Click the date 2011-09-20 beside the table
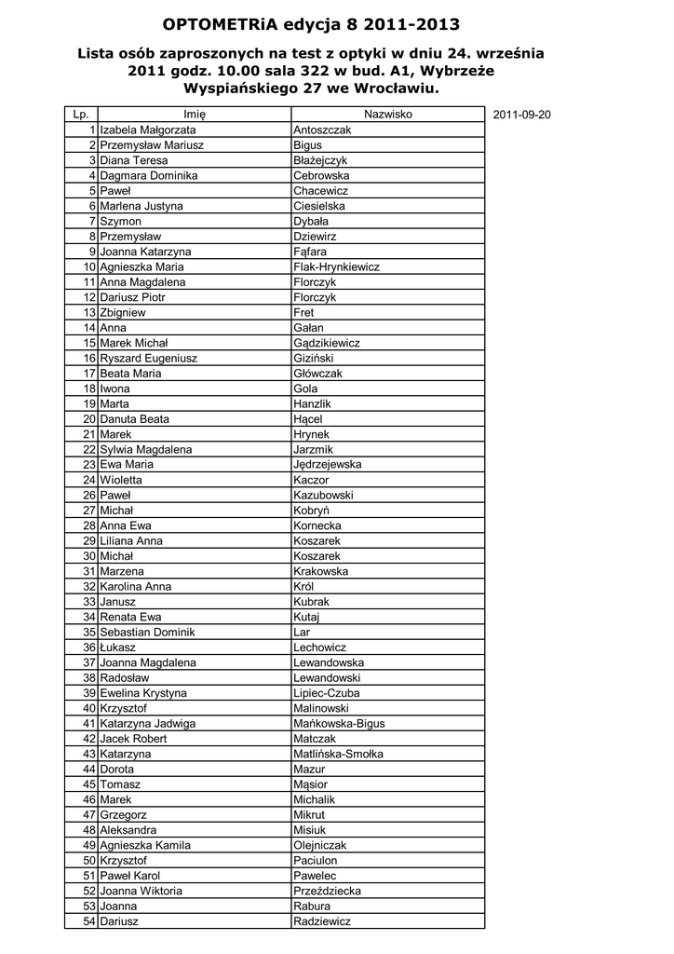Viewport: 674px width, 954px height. click(x=522, y=115)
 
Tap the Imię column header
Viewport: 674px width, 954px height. click(x=195, y=115)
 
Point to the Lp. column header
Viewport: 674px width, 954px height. click(x=81, y=115)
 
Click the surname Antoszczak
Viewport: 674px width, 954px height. click(x=322, y=130)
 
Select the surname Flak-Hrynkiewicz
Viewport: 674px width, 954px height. click(x=336, y=266)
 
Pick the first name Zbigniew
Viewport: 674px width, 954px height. click(x=123, y=312)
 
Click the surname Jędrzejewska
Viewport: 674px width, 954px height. click(x=328, y=464)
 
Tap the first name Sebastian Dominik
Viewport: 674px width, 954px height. click(x=147, y=632)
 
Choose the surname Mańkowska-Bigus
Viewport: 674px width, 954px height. click(x=339, y=723)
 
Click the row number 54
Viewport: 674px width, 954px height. click(x=89, y=920)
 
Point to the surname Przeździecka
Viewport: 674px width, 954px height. click(x=328, y=891)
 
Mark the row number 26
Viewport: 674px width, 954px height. click(x=89, y=495)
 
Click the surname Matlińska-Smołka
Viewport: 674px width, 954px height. click(x=338, y=754)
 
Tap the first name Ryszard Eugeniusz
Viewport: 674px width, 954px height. click(x=148, y=358)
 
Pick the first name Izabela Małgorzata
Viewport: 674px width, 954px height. click(x=148, y=130)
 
